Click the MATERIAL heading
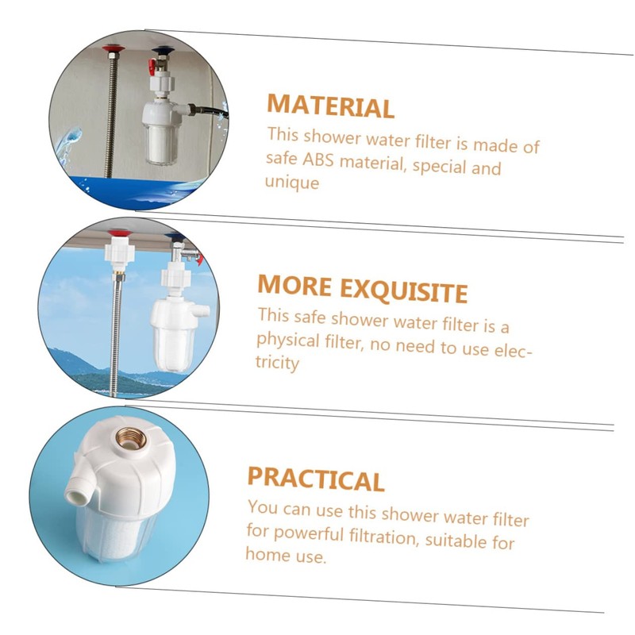330,106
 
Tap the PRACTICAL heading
315,479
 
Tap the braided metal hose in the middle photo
116,333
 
